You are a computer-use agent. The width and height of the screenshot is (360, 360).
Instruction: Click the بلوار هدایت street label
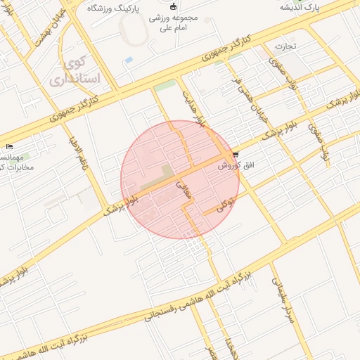(195, 108)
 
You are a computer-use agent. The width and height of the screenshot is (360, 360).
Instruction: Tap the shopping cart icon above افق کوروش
(235, 155)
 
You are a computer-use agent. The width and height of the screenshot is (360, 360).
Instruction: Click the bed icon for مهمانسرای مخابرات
(8, 146)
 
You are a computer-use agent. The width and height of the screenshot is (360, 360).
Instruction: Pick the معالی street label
(184, 191)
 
